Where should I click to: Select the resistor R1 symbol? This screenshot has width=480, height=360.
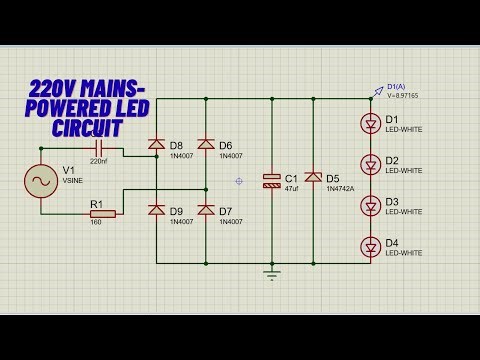[102, 213]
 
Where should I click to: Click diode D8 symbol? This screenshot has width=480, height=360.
[156, 145]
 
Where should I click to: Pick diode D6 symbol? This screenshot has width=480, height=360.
[206, 145]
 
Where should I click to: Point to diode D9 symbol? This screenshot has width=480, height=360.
[156, 210]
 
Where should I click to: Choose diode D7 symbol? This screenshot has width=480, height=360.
[206, 210]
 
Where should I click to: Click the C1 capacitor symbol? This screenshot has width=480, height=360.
[271, 181]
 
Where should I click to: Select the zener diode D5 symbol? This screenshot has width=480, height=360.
[313, 178]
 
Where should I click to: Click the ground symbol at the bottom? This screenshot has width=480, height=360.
[271, 271]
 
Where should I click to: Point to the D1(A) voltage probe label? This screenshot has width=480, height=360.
[396, 86]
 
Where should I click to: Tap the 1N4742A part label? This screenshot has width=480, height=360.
[340, 190]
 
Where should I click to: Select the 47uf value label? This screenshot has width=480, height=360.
[293, 188]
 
